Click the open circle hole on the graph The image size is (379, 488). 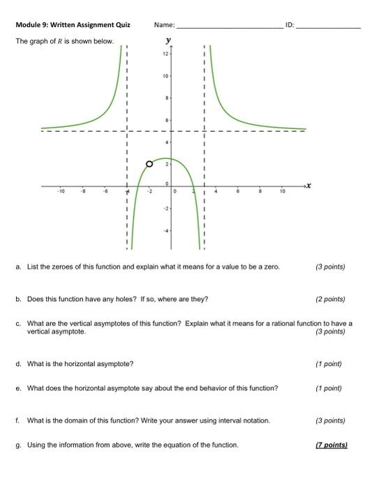(x=149, y=165)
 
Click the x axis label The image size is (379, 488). (x=308, y=185)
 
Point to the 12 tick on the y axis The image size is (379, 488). (x=165, y=54)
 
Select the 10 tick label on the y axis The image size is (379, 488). (x=165, y=75)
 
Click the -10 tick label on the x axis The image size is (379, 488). (x=61, y=191)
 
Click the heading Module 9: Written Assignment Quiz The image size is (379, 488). (x=73, y=26)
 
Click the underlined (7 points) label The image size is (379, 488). (x=331, y=444)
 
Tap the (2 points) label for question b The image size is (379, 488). (x=330, y=299)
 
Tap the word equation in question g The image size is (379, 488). (x=193, y=444)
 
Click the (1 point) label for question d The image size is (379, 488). (x=329, y=363)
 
